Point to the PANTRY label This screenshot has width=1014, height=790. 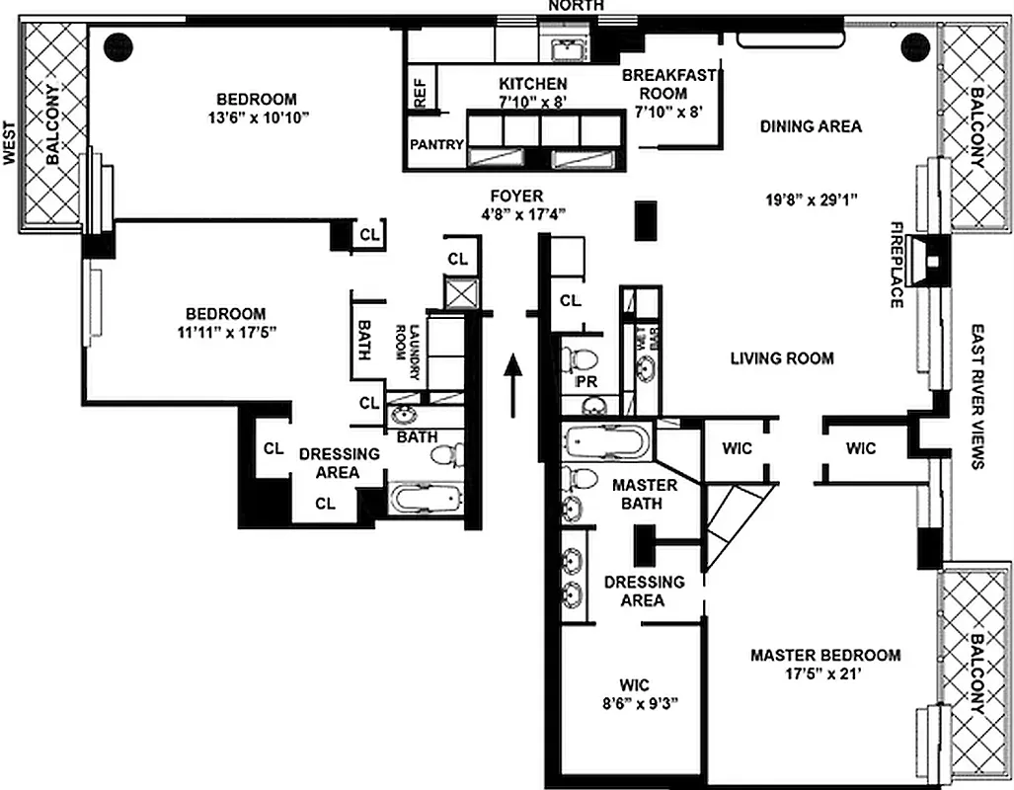pyautogui.click(x=436, y=145)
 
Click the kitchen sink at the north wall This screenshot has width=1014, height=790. pyautogui.click(x=567, y=49)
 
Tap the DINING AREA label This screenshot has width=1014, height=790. pyautogui.click(x=811, y=126)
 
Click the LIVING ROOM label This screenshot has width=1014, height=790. pyautogui.click(x=782, y=358)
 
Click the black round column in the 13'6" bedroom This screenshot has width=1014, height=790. pyautogui.click(x=119, y=44)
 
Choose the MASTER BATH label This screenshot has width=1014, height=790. pyautogui.click(x=645, y=494)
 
